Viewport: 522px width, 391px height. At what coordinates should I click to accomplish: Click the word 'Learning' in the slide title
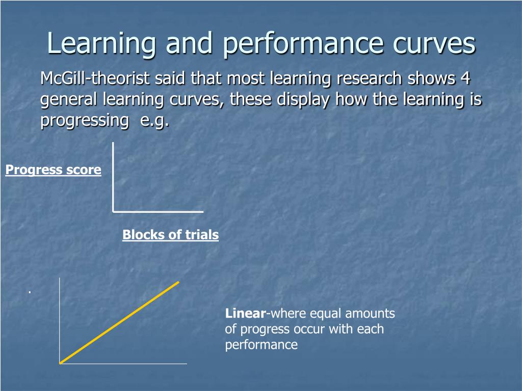point(101,44)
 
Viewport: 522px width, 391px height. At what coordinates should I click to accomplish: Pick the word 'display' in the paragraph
point(304,99)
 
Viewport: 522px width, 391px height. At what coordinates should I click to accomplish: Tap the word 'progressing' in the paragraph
point(85,121)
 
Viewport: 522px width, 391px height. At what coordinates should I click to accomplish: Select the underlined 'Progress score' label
point(54,170)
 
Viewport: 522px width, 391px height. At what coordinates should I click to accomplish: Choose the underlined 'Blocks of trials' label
point(170,235)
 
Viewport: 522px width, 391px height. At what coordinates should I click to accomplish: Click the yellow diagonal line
point(120,322)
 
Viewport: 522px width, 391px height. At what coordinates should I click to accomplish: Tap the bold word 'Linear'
point(245,313)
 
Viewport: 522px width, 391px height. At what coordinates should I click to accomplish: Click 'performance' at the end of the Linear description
point(261,345)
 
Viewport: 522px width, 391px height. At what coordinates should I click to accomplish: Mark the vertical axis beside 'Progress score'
point(113,176)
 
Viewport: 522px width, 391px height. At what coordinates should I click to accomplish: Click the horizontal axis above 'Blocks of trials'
point(158,210)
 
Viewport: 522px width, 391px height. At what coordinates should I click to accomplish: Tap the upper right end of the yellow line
point(178,282)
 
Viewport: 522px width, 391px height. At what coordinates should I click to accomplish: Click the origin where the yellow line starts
point(61,362)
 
